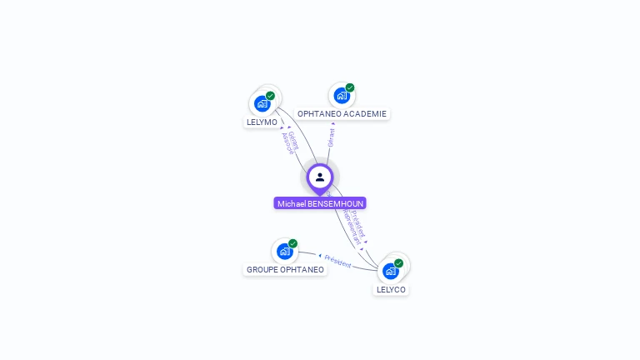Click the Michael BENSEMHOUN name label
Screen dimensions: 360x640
point(320,203)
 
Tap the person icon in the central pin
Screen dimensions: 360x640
point(320,177)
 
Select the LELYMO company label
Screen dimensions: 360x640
point(262,122)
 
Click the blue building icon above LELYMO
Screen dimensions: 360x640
point(262,104)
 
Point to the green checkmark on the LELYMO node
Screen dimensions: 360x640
point(270,96)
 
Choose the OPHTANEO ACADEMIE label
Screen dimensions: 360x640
point(342,113)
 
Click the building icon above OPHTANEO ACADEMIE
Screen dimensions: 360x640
point(341,96)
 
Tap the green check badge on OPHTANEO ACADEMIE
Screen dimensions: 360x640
point(350,87)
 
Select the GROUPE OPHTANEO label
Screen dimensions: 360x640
point(285,269)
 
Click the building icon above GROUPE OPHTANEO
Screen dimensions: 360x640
point(284,251)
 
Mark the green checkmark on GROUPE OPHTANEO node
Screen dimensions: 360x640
point(292,243)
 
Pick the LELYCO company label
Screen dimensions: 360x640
point(391,289)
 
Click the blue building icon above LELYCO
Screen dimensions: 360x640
point(390,271)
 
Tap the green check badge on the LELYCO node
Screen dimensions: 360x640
point(398,263)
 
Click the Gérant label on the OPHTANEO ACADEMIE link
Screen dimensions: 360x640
point(332,137)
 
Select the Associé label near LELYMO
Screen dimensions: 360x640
point(287,144)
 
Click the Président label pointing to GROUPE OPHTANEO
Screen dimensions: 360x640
point(337,261)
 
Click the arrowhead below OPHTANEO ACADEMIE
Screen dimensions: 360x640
point(333,123)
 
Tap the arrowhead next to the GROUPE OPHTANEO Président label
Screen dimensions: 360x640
point(321,255)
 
